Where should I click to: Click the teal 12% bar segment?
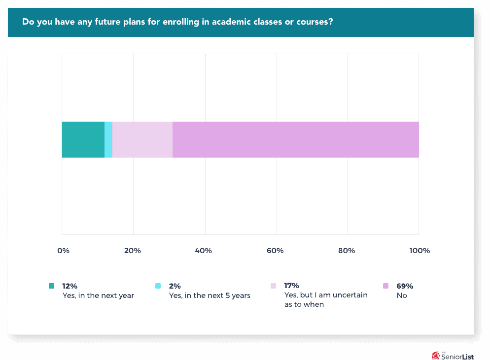point(83,139)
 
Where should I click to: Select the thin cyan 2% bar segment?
point(108,139)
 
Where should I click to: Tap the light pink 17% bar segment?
point(142,139)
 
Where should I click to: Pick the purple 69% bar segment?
point(296,139)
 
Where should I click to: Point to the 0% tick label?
point(63,251)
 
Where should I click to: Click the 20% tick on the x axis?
point(133,251)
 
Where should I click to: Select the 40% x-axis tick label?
point(204,251)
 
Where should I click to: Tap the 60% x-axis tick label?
point(275,251)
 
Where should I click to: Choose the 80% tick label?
point(347,251)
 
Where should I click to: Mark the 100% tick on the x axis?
point(420,251)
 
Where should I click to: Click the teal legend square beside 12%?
point(52,286)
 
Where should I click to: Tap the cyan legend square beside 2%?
point(158,286)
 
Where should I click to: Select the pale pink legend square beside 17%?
point(274,286)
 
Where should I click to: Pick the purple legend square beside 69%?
point(386,286)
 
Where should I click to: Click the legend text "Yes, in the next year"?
point(98,295)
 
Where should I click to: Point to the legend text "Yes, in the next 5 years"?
point(210,295)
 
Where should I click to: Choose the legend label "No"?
point(402,295)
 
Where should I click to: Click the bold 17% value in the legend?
point(292,286)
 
